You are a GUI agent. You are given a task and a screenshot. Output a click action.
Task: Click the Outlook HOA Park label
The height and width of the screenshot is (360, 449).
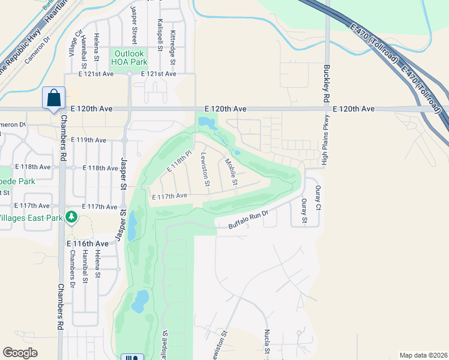pyautogui.click(x=131, y=58)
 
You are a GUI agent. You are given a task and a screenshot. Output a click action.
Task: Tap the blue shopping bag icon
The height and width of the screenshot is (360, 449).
pyautogui.click(x=54, y=98)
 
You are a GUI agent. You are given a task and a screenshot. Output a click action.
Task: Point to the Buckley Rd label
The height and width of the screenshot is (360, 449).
pyautogui.click(x=327, y=83)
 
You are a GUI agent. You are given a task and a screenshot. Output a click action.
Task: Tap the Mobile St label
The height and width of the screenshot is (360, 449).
pyautogui.click(x=232, y=172)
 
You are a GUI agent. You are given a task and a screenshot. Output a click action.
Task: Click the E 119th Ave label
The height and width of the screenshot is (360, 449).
pyautogui.click(x=88, y=140)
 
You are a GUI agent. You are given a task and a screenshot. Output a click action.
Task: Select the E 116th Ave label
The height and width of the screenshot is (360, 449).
pyautogui.click(x=88, y=244)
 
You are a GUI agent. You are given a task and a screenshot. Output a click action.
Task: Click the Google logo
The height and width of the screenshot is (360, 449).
pyautogui.click(x=20, y=353)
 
